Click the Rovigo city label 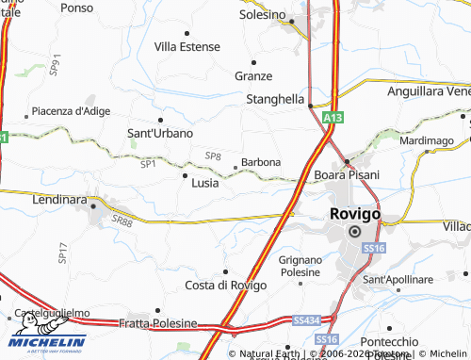(355, 214)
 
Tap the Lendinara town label (58, 201)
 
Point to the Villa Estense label (187, 46)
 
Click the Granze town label (253, 75)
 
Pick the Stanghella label (274, 98)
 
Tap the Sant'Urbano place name (160, 133)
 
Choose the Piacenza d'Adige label (71, 110)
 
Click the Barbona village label (261, 162)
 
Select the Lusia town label (204, 183)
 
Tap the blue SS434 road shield (303, 320)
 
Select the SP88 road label (122, 221)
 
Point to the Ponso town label (77, 7)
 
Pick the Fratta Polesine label (158, 323)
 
